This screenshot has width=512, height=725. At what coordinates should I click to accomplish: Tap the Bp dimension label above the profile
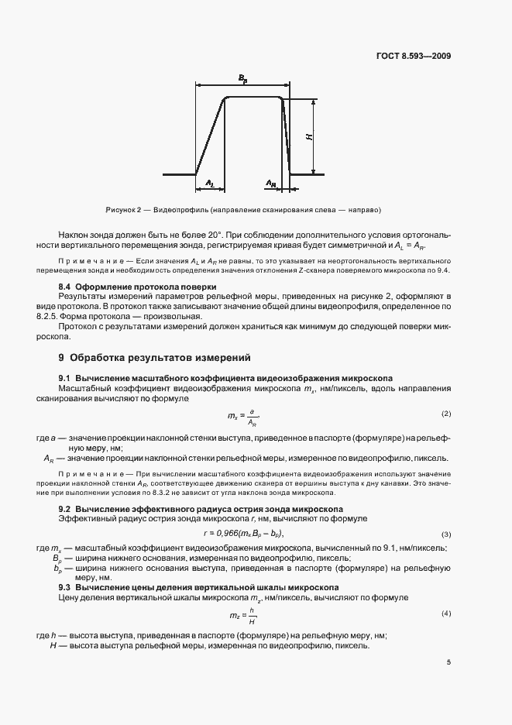coord(242,79)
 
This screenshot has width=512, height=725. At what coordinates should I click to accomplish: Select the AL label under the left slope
coord(209,183)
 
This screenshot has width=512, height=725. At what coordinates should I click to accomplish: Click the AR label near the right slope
coord(270,184)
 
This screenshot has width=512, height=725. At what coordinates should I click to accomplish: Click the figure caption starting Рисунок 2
coord(243,210)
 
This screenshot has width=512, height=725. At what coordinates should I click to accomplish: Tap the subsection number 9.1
coord(66,377)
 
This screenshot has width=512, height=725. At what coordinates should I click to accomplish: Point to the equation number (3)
coord(445,535)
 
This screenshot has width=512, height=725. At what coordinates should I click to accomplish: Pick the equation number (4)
coord(445,613)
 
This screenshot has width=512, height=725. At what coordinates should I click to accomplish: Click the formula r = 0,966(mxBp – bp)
coord(244,534)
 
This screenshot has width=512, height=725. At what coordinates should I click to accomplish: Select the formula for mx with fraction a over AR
coord(242,416)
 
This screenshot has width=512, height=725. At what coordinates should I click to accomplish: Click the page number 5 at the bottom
coord(448,662)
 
